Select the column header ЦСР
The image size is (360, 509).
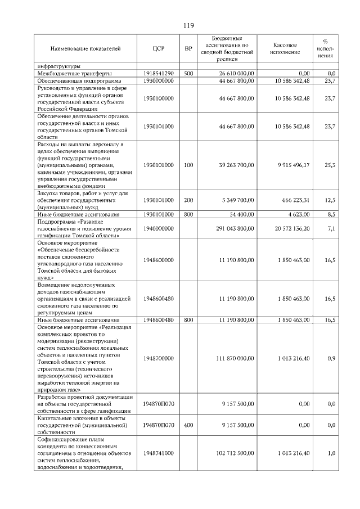(158, 49)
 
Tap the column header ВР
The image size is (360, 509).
(188, 49)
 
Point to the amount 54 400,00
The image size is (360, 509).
(240, 214)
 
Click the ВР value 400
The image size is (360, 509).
(188, 425)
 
